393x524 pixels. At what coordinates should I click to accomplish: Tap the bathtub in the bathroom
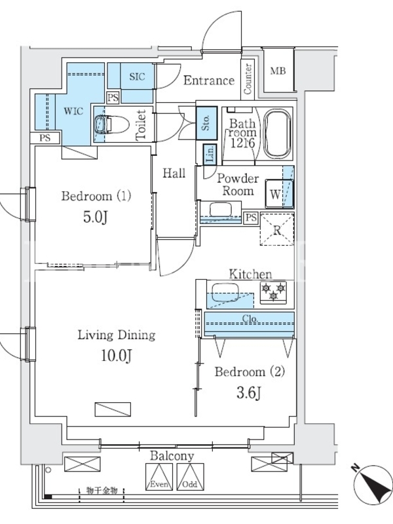tap(276, 134)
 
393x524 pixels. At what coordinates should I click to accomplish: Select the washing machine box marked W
tap(279, 194)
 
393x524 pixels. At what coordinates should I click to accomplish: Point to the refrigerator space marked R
tap(277, 229)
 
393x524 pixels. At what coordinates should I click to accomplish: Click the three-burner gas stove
tap(273, 292)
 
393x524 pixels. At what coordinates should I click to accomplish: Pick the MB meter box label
tap(278, 71)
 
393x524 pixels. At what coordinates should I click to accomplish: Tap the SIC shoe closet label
tap(138, 77)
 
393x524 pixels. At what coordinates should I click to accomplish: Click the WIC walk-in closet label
tap(73, 111)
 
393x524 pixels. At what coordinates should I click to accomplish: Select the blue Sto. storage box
tap(206, 123)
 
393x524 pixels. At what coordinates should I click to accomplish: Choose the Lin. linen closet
tap(210, 154)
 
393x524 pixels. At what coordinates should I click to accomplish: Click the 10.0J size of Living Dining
tap(117, 356)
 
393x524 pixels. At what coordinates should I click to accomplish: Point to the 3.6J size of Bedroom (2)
tap(249, 393)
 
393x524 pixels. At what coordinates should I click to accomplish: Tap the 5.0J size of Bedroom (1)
tap(95, 217)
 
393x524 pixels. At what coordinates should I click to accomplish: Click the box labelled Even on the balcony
tap(159, 477)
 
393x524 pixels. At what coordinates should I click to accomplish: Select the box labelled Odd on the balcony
tap(190, 477)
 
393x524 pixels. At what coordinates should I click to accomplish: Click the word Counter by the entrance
tap(248, 79)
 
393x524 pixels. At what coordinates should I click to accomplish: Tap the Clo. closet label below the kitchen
tap(250, 318)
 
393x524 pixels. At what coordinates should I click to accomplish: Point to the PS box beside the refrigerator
tap(251, 218)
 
